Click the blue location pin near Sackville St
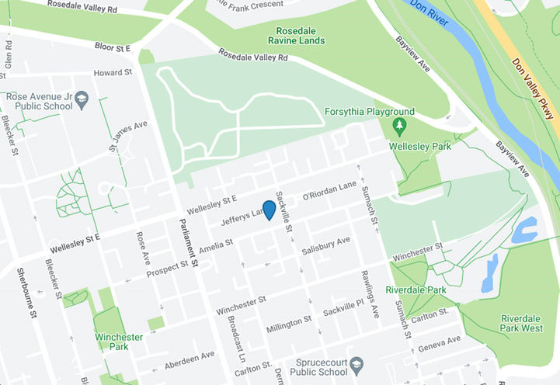click(269, 210)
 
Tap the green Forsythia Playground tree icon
click(400, 125)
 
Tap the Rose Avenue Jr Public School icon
click(84, 99)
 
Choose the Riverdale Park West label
click(522, 323)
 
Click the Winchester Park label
click(119, 342)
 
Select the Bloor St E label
click(113, 47)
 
